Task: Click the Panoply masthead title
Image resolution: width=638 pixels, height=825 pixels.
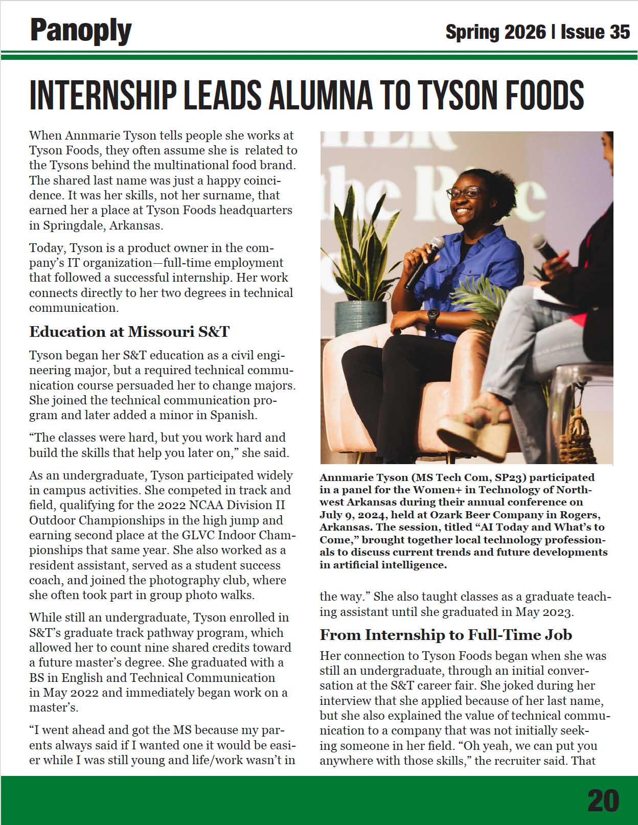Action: (x=81, y=31)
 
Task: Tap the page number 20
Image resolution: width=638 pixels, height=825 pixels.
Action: (x=603, y=800)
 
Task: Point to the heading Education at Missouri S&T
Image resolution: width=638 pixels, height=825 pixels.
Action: (x=129, y=332)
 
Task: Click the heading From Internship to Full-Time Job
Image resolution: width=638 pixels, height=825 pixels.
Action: (x=446, y=635)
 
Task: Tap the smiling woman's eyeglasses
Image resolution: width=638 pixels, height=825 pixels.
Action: (x=464, y=193)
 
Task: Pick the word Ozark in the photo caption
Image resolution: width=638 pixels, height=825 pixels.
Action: (x=449, y=514)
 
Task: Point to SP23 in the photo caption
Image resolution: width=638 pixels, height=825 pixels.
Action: (x=511, y=477)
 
